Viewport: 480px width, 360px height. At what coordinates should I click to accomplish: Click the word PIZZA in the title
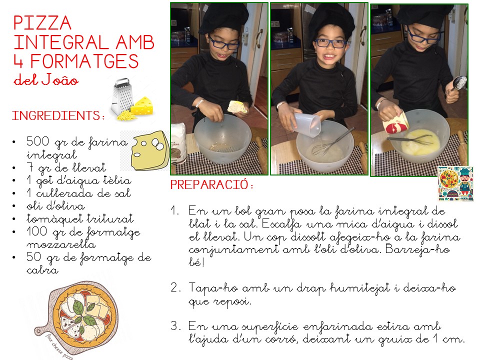[42, 22]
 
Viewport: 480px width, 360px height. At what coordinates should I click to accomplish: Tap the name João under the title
[60, 79]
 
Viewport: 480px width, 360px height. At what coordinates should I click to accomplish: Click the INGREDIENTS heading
[58, 115]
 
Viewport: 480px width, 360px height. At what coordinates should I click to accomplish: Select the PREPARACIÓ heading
[212, 184]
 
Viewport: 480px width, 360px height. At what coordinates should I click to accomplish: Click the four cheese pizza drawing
[76, 318]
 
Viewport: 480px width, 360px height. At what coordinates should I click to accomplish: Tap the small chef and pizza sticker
[455, 183]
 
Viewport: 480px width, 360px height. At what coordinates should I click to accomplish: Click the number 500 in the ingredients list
[37, 141]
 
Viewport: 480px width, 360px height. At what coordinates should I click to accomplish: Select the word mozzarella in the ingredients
[61, 244]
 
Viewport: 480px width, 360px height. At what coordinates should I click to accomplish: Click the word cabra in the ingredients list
[42, 270]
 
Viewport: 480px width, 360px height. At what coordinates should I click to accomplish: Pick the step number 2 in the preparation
[174, 288]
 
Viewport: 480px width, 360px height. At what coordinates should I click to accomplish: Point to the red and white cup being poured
[395, 123]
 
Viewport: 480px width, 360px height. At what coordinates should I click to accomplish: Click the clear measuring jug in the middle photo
[307, 123]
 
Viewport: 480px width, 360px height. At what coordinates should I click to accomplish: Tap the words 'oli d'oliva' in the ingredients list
[55, 205]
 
